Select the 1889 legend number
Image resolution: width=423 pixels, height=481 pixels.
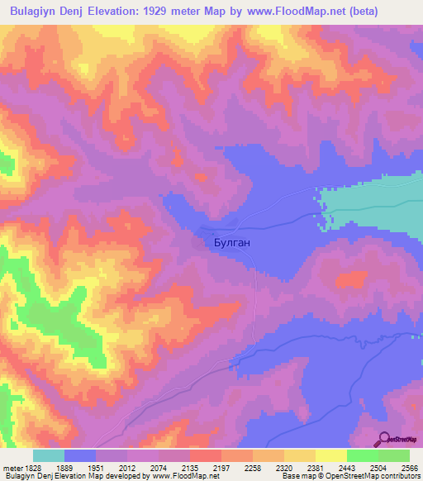(x=80, y=468)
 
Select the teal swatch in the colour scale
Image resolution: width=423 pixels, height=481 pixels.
(x=49, y=455)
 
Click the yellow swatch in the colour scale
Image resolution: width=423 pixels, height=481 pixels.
(x=330, y=455)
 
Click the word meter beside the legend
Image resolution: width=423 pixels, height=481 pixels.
(x=11, y=468)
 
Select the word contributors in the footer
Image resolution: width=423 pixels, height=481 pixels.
(x=397, y=476)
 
